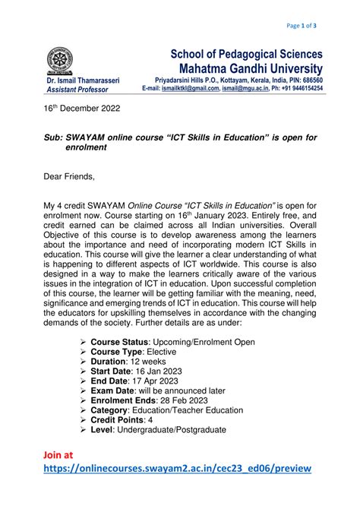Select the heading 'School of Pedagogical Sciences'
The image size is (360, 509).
coord(246,55)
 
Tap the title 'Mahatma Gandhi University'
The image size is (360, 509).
coord(246,69)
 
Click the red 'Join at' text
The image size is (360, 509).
coord(58,455)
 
